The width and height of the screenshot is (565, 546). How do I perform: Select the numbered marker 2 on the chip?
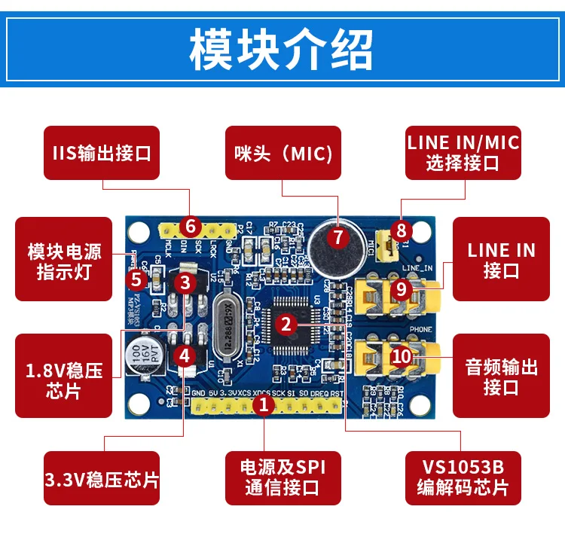click(x=286, y=325)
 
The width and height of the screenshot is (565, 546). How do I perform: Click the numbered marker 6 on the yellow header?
click(x=190, y=226)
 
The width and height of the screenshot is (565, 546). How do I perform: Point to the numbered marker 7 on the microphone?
click(x=337, y=237)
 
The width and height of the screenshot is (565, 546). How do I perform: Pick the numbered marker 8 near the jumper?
click(x=402, y=230)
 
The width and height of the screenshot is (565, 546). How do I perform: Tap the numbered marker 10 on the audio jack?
click(x=402, y=355)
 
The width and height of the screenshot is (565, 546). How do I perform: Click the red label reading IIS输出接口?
click(x=102, y=153)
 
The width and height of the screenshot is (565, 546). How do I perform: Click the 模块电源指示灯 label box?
click(x=64, y=261)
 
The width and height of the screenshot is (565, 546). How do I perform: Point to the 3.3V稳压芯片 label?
click(x=102, y=478)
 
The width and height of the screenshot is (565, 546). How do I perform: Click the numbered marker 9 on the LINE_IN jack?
click(x=402, y=288)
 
